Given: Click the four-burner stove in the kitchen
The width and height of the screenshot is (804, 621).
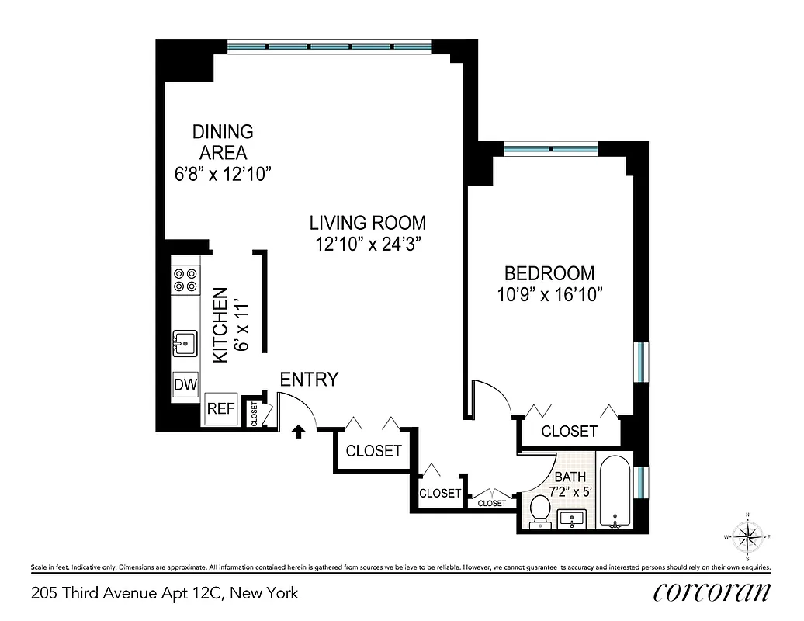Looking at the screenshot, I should (x=185, y=279).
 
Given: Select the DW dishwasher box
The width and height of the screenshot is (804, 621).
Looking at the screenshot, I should (x=185, y=385).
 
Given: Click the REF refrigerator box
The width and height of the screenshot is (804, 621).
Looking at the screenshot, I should (x=220, y=409).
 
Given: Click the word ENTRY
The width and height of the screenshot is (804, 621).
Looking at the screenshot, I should (x=309, y=380).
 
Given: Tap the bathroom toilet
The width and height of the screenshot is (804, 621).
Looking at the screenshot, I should (x=539, y=511).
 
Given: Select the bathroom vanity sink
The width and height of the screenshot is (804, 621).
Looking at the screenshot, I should (x=575, y=518).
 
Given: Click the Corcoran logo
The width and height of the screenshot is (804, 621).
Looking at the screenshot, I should (x=712, y=592).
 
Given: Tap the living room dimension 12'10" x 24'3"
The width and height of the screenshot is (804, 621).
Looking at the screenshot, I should (x=368, y=244).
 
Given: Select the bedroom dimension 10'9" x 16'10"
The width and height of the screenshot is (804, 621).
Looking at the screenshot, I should (x=549, y=294).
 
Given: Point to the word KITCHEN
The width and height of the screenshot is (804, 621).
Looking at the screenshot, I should (x=220, y=324).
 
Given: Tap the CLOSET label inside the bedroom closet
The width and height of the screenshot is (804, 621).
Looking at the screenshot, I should (x=569, y=432).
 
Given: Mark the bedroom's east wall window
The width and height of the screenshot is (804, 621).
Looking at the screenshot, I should (x=641, y=362).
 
